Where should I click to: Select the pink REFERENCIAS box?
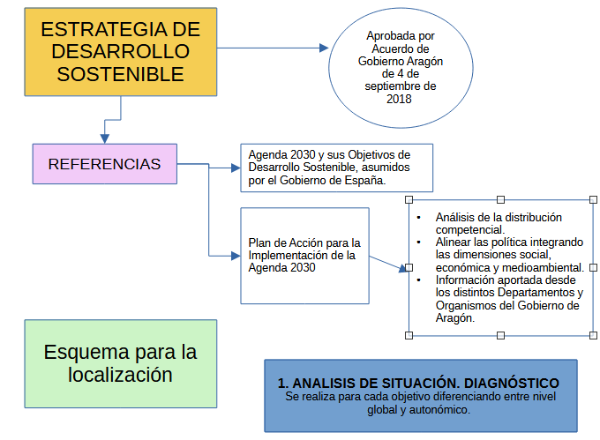[104, 164]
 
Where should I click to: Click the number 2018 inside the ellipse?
[399, 99]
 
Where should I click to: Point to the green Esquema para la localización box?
[120, 363]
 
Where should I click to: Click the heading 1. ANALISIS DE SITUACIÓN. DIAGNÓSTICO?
[418, 384]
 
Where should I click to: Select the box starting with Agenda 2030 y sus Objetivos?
[336, 168]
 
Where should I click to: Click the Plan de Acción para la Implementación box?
[304, 256]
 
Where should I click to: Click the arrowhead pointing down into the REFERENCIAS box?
[105, 138]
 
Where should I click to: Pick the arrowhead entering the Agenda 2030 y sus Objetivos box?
[234, 168]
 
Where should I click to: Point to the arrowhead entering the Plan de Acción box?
[234, 256]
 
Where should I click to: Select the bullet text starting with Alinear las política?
[509, 254]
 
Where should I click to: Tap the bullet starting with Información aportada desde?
[508, 293]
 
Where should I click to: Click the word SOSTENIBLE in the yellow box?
[120, 74]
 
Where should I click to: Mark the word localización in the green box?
[120, 375]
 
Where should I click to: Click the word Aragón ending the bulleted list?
[455, 318]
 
